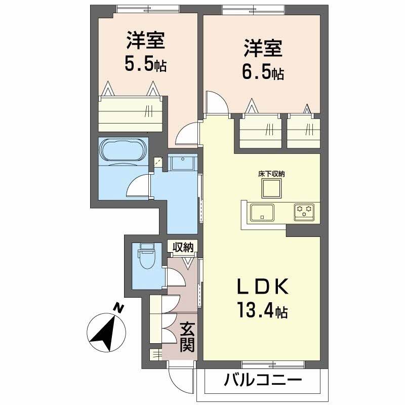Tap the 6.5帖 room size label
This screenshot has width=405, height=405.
(263, 72)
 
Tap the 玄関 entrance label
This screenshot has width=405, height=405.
(187, 338)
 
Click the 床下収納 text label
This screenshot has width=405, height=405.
(271, 174)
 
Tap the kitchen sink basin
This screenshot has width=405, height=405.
(261, 212)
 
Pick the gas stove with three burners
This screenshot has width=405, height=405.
(304, 210)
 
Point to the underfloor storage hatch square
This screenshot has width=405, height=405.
(271, 188)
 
